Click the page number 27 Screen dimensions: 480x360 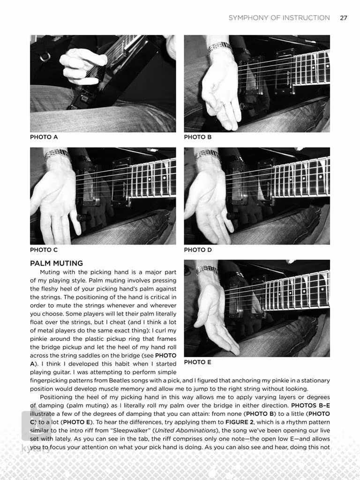tap(344, 18)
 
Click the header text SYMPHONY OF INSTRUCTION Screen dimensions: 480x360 tap(279, 18)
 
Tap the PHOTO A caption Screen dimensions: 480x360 tap(44, 137)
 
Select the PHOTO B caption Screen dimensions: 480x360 tap(198, 137)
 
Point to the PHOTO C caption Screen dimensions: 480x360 tap(44, 250)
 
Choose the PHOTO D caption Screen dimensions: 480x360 tap(198, 250)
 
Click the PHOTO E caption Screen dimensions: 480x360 tap(198, 362)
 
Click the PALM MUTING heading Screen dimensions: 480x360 tap(56, 263)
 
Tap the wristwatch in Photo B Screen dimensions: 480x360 tap(220, 47)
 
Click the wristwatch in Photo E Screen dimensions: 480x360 tap(207, 270)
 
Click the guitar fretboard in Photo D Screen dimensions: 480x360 tap(300, 176)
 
